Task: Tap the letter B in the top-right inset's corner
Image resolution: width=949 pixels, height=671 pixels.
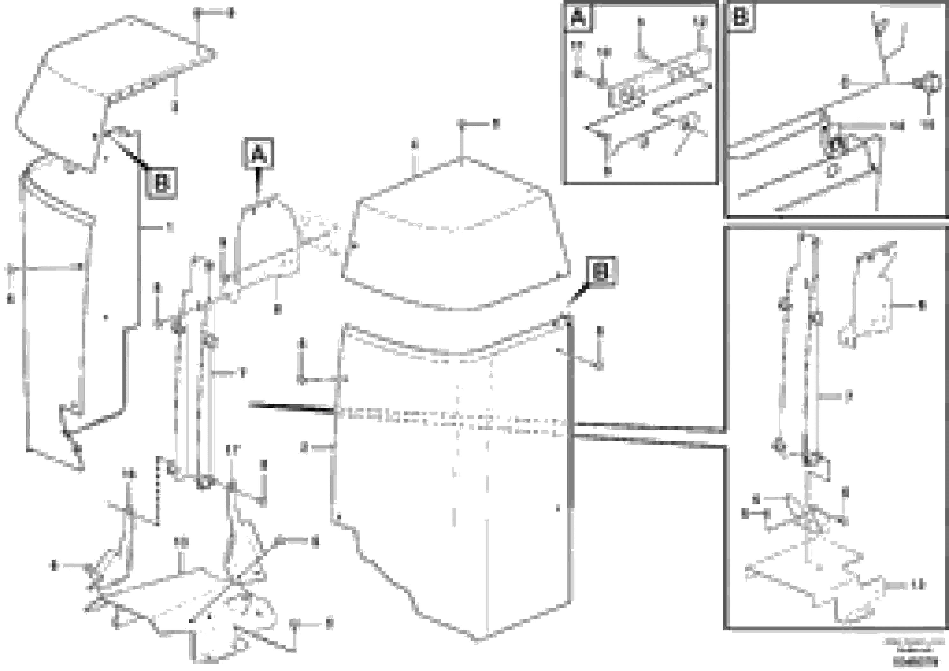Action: [x=740, y=18]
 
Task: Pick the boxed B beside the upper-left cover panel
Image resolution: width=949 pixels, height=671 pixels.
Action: [x=162, y=183]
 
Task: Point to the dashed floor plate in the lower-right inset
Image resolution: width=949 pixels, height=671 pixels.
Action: [x=806, y=579]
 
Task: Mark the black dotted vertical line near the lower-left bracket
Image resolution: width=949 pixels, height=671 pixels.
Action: [x=157, y=490]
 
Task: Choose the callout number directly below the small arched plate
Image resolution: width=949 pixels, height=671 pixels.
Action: [x=278, y=309]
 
